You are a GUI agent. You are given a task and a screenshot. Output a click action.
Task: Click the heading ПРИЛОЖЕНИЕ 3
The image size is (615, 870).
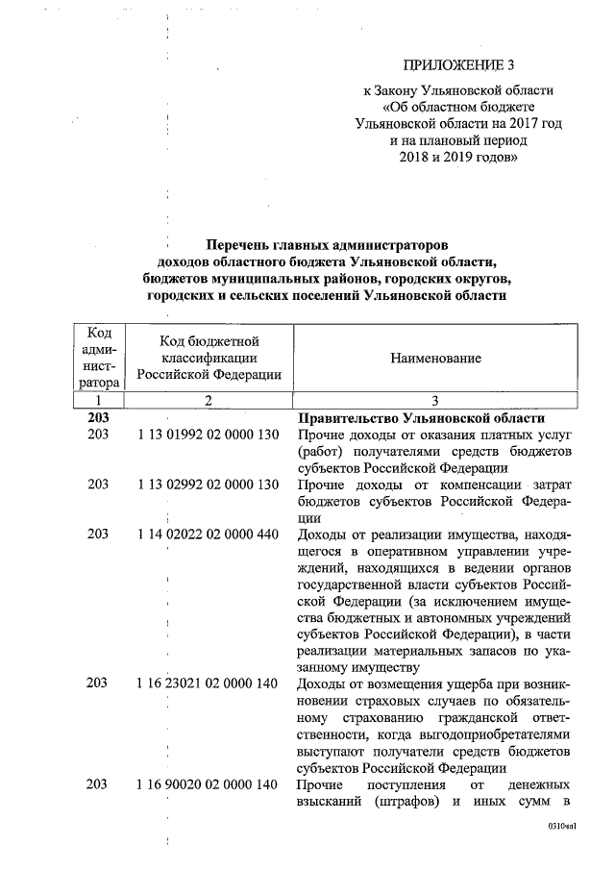[x=459, y=65]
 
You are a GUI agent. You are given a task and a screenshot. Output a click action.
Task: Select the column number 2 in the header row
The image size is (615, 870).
[x=207, y=400]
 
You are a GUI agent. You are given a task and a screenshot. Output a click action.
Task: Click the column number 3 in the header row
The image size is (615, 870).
[x=434, y=400]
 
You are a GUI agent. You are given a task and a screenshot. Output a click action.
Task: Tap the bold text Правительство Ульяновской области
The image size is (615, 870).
[x=422, y=418]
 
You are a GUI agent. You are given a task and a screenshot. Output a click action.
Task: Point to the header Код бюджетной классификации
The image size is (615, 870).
[x=208, y=358]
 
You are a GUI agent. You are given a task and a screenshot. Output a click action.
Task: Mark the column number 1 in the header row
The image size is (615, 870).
[x=98, y=400]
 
